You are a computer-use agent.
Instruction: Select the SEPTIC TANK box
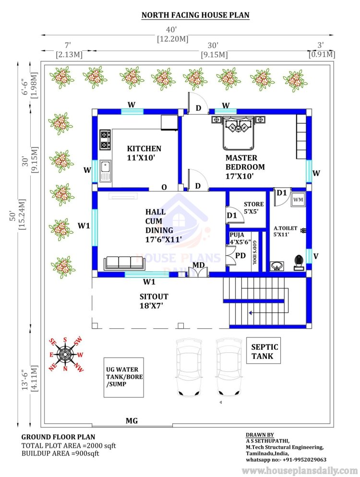(264, 350)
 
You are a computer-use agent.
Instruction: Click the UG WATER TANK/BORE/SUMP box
(123, 377)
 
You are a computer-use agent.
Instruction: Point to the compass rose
(65, 354)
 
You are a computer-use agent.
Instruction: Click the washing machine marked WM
(298, 200)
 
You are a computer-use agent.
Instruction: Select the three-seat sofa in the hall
(125, 263)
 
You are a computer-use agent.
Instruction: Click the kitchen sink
(106, 171)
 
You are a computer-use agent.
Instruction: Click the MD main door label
(198, 265)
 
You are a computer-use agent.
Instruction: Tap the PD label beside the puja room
(240, 255)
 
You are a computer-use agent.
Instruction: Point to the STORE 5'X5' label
(253, 207)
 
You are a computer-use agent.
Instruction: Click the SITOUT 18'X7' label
(154, 301)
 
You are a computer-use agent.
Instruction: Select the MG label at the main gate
(132, 421)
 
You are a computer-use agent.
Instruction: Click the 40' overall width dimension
(171, 30)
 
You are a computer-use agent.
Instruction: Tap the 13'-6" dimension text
(25, 378)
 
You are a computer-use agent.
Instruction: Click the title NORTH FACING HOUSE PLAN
(195, 15)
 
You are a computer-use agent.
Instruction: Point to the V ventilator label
(316, 256)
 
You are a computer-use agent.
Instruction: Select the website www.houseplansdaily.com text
(300, 470)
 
